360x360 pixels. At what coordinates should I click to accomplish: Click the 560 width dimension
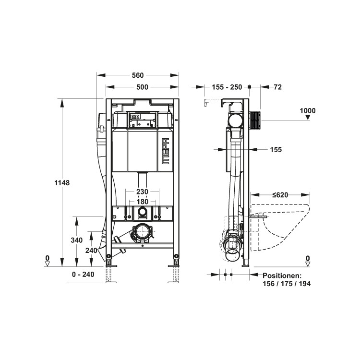pyautogui.click(x=138, y=75)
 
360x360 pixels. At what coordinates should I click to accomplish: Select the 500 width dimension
pyautogui.click(x=143, y=87)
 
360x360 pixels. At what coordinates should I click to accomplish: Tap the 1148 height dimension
pyautogui.click(x=62, y=183)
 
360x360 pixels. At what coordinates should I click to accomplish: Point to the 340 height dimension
pyautogui.click(x=77, y=240)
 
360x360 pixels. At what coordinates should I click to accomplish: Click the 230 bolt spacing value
pyautogui.click(x=143, y=192)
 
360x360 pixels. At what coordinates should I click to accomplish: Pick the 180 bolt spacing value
pyautogui.click(x=143, y=202)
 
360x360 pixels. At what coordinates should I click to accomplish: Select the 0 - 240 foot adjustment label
pyautogui.click(x=83, y=275)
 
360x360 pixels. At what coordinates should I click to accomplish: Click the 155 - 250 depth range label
pyautogui.click(x=227, y=87)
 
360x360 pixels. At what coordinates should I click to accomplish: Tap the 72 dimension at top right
pyautogui.click(x=278, y=87)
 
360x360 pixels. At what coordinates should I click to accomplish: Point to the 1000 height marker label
pyautogui.click(x=308, y=111)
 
